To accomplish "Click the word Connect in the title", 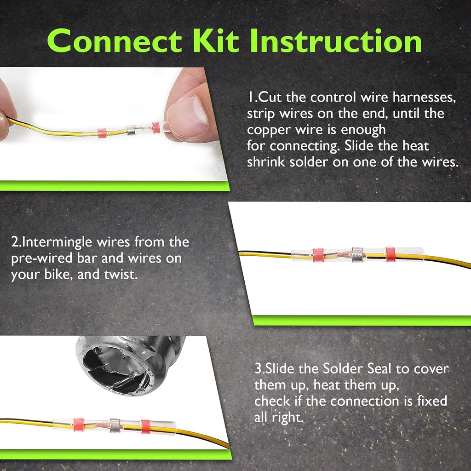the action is point(115,41).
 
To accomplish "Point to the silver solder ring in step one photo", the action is point(131,130).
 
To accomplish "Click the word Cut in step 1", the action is point(270,98).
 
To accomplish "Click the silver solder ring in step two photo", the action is point(357,255).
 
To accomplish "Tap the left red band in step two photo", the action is point(318,255).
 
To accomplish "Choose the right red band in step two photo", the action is point(390,254).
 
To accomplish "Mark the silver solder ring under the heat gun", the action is point(115,425).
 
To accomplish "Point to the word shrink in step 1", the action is point(266,162).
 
